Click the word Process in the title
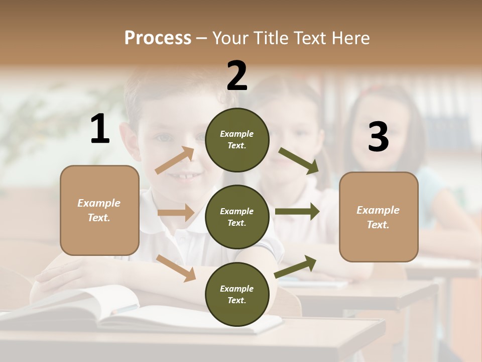158,38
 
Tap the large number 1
100,129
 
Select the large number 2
237,76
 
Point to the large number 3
378,137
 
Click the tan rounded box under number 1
99,210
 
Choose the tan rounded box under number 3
379,217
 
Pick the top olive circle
237,140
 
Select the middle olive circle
237,217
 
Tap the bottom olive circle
237,294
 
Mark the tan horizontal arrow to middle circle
176,213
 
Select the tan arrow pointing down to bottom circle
176,267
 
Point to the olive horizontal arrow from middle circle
297,211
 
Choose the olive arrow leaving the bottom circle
296,266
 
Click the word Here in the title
350,38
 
